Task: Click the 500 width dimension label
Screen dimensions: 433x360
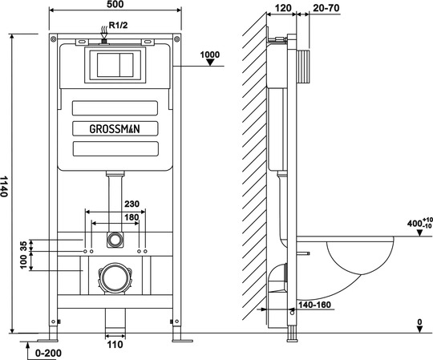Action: click(x=115, y=4)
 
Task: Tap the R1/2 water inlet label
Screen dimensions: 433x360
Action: click(x=118, y=25)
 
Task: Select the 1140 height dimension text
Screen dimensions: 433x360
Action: click(x=4, y=186)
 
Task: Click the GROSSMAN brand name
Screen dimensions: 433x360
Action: click(x=115, y=129)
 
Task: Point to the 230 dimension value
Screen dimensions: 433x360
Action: click(x=132, y=204)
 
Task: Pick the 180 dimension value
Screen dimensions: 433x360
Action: click(x=132, y=217)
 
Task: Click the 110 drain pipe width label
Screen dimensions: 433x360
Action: click(x=115, y=345)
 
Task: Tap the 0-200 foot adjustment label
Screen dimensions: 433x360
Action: click(x=48, y=353)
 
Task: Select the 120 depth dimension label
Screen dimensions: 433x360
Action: click(x=283, y=8)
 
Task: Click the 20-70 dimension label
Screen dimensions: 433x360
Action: click(x=326, y=8)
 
